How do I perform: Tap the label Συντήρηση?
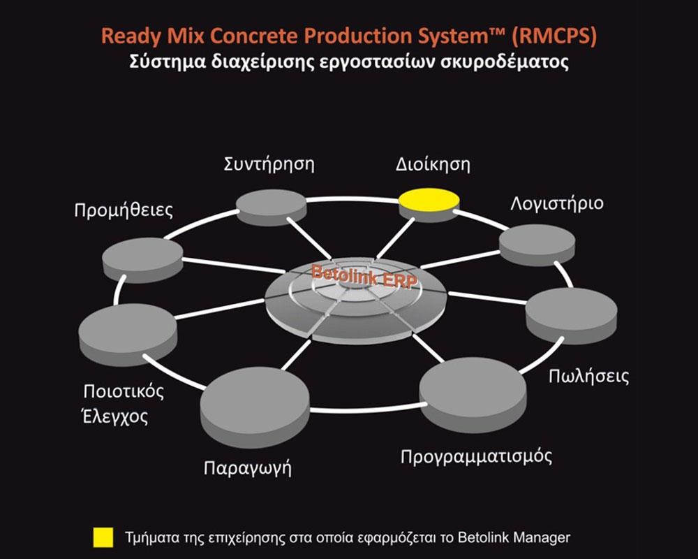point(269,164)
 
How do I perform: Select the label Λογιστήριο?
point(557,203)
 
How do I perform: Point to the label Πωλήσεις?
point(588,376)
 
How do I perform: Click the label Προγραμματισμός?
point(476,456)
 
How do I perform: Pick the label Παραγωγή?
point(248,468)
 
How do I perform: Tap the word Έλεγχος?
point(115,416)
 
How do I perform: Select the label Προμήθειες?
point(124,210)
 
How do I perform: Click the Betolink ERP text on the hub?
point(364,277)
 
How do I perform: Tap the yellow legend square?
point(103,537)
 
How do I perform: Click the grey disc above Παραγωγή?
point(255,407)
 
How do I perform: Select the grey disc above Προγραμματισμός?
point(473,395)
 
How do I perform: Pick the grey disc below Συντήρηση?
point(271,207)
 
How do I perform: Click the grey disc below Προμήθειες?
point(142,260)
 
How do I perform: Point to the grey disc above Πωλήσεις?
point(572,316)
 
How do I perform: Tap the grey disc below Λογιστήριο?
point(537,245)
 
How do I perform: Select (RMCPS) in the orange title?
point(554,36)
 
